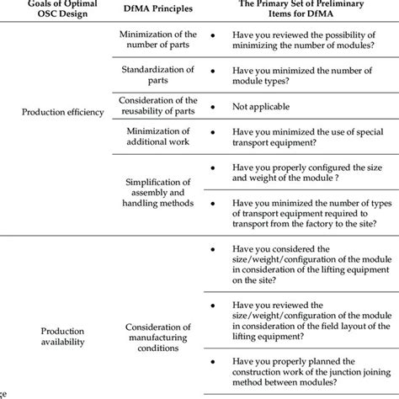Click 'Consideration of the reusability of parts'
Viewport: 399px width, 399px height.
click(159, 107)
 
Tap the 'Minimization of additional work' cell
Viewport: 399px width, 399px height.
click(159, 136)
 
